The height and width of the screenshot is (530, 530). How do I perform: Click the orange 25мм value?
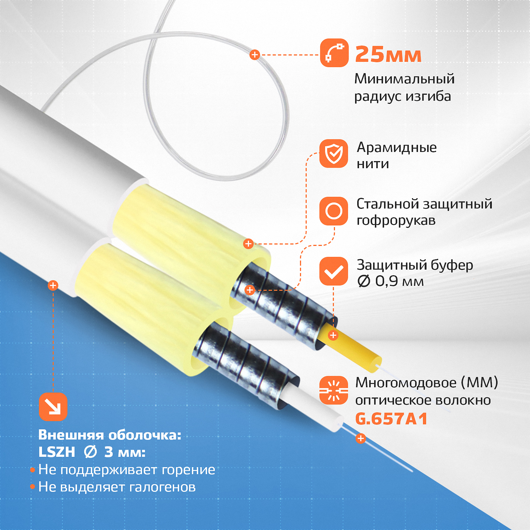(388, 55)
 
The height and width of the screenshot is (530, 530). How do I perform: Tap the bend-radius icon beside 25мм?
(334, 53)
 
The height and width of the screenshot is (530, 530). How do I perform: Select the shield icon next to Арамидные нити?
(334, 153)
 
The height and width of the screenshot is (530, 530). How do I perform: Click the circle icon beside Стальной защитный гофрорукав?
(334, 211)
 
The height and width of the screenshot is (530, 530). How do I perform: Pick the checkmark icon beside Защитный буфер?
(334, 271)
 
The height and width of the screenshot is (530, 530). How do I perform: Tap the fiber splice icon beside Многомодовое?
(334, 390)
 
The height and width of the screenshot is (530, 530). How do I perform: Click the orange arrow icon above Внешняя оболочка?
(53, 407)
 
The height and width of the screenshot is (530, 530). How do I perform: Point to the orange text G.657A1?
(391, 419)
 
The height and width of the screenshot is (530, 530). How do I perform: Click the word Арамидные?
(397, 148)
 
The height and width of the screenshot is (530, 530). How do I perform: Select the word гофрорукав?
(396, 220)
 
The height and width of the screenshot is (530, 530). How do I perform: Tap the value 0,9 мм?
(399, 281)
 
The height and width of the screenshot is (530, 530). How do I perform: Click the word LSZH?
(57, 452)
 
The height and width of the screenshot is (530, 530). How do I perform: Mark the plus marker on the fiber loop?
(255, 55)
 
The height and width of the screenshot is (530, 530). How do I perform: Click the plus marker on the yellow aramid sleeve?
(248, 243)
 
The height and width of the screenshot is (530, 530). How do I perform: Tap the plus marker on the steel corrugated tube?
(250, 290)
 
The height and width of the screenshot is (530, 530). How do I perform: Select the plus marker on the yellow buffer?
(333, 335)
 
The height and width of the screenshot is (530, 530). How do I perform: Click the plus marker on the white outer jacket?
(53, 285)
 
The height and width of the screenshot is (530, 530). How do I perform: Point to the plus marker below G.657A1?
(360, 438)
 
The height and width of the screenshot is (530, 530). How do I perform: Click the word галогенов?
(163, 487)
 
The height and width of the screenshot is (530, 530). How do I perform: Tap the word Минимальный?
(405, 79)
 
